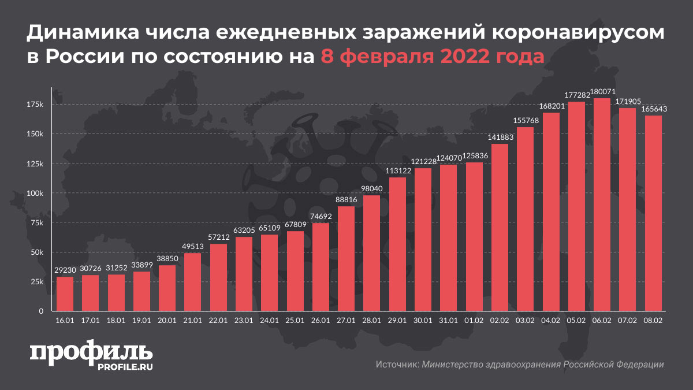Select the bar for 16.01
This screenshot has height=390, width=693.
pos(65,294)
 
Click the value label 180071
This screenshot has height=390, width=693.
pos(602,92)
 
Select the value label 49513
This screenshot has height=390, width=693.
pos(193,247)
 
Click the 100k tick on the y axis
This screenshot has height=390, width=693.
pos(35,193)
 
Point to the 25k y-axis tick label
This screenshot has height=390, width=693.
pos(37,282)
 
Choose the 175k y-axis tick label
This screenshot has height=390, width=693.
pos(35,104)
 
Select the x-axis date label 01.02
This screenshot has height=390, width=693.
pos(474,320)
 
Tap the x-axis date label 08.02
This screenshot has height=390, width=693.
pos(653,320)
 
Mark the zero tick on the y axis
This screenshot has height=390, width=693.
pos(41,311)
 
